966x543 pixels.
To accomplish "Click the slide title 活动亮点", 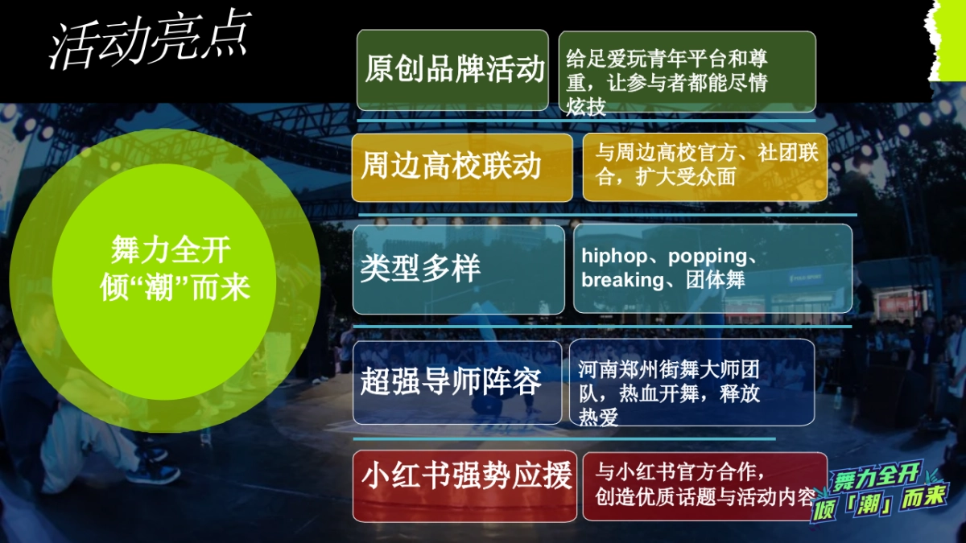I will click(150, 39).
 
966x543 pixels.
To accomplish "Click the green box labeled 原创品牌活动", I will click(452, 70).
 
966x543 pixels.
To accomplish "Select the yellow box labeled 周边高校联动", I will click(461, 167).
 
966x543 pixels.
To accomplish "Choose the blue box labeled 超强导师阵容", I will click(457, 382).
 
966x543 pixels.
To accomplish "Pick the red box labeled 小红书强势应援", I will click(464, 486).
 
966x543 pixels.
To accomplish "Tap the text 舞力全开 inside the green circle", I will click(171, 251).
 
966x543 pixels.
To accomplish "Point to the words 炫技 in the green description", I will click(585, 107).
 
